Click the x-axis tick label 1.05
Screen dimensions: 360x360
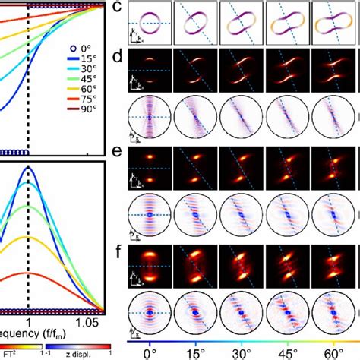click(89, 323)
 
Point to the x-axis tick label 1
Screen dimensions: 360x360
click(29, 323)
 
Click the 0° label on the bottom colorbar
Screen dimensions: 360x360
click(151, 354)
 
